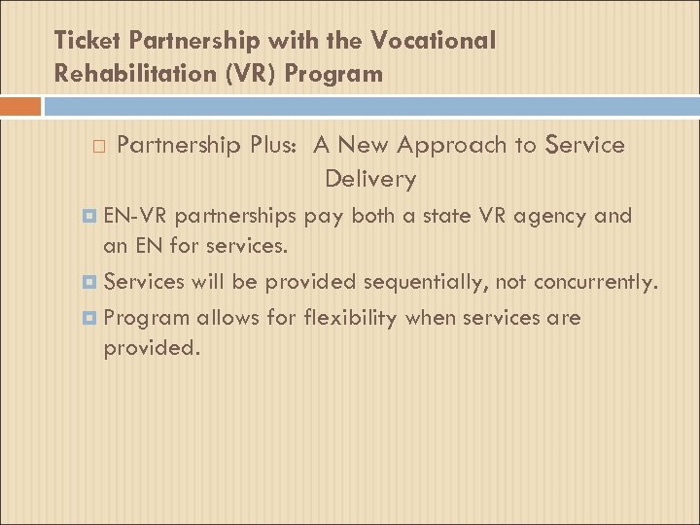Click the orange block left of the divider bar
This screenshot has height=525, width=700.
(x=20, y=105)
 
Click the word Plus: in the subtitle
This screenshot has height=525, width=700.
(x=276, y=145)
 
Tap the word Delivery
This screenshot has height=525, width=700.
(x=370, y=179)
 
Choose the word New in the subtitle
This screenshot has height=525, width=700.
(x=365, y=145)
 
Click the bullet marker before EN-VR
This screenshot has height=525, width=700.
(x=91, y=216)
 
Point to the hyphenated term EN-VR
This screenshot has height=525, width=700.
(x=135, y=215)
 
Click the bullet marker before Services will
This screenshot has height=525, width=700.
(x=91, y=283)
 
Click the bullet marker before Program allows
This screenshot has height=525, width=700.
(x=91, y=318)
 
